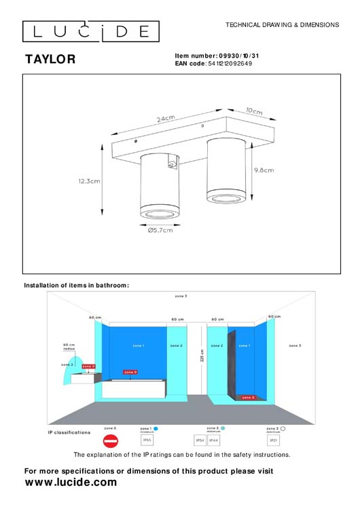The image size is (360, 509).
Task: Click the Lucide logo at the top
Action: point(91,31)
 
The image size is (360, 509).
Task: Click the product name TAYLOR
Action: point(50,60)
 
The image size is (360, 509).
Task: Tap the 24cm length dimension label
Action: point(166,119)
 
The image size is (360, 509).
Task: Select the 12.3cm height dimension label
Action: point(89,181)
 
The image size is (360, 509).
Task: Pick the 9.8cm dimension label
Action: point(263,170)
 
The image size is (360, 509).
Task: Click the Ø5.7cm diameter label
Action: point(160,230)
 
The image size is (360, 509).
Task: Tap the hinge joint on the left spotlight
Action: point(173,164)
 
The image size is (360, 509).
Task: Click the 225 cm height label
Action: point(202,356)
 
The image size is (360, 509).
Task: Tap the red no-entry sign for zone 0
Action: point(110,440)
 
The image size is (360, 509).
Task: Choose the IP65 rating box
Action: point(146,440)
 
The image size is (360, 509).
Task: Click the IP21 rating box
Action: point(274,440)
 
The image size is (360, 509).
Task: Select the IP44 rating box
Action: point(213,440)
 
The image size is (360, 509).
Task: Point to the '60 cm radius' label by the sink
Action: point(69,347)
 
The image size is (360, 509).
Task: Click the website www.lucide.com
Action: point(71,483)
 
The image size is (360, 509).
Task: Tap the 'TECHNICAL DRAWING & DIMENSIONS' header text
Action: point(282,24)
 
